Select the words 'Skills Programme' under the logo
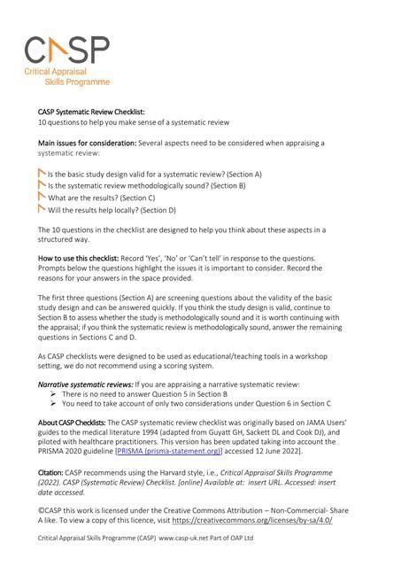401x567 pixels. pos(80,82)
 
